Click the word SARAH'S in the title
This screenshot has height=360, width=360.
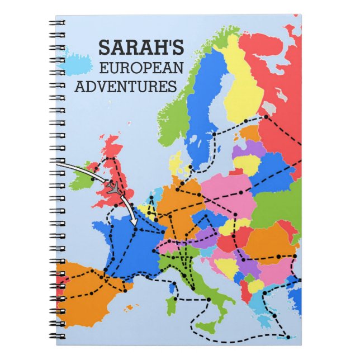(140, 48)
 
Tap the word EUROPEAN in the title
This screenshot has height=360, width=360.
(141, 68)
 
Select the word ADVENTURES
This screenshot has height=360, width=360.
(125, 87)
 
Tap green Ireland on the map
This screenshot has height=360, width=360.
(80, 178)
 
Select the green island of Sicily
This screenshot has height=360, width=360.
(206, 326)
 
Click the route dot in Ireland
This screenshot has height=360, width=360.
(92, 179)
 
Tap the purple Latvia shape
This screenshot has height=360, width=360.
(248, 150)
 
